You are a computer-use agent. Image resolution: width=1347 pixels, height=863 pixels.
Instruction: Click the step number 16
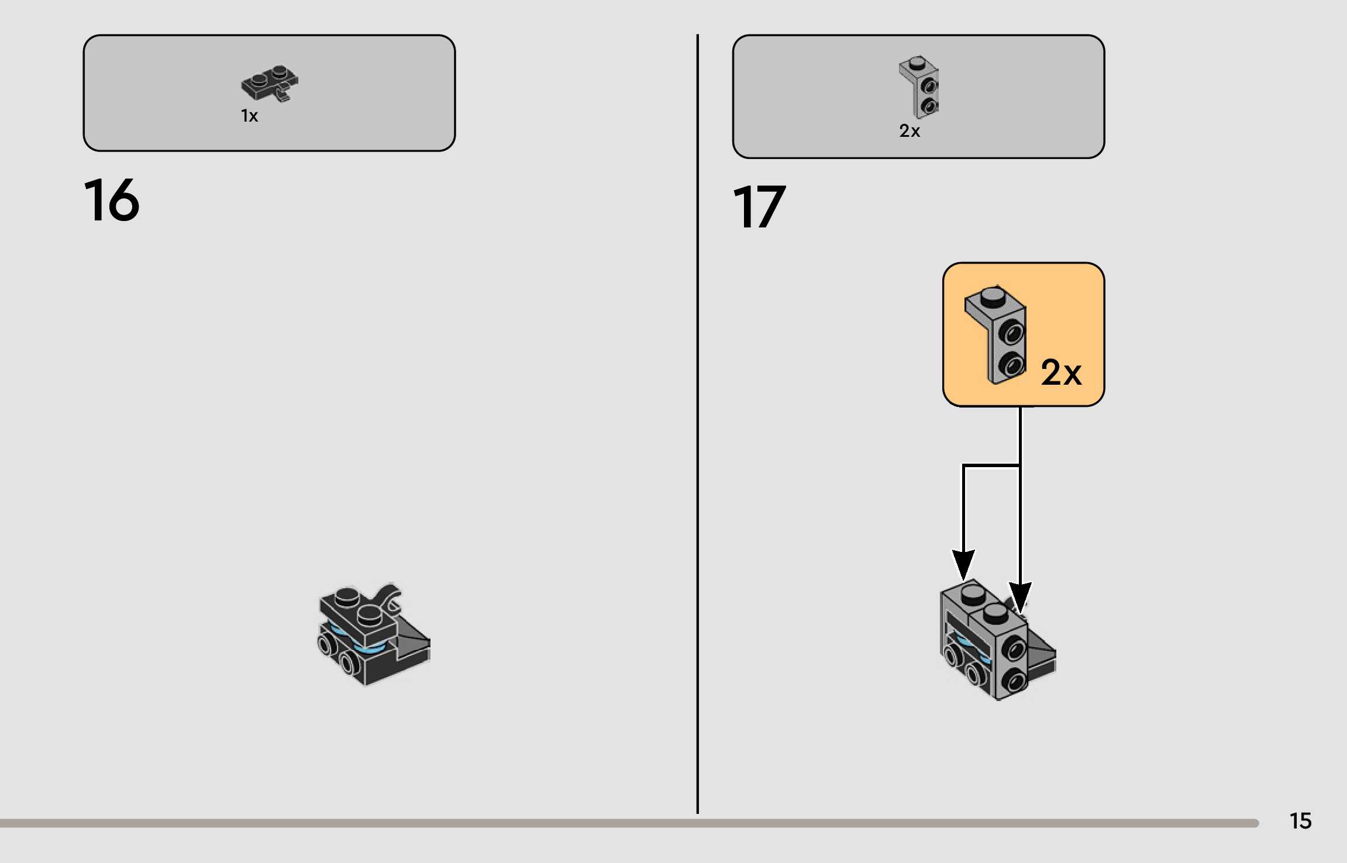[x=112, y=200]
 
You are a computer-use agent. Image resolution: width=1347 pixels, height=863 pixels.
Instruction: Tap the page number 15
[x=1300, y=821]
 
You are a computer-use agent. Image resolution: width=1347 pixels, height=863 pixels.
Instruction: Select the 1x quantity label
[x=249, y=116]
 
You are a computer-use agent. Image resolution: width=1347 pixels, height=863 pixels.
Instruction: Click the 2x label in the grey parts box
[x=909, y=131]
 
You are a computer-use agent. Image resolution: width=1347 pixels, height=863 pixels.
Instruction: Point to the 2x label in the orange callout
[x=1061, y=372]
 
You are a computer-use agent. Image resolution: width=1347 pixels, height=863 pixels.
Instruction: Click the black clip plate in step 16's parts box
[x=270, y=84]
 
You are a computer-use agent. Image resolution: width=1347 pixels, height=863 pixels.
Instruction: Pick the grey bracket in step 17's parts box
[x=919, y=87]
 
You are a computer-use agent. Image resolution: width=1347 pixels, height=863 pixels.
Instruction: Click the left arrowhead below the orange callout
[x=963, y=564]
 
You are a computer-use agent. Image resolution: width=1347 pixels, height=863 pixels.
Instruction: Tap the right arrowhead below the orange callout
[x=1020, y=596]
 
